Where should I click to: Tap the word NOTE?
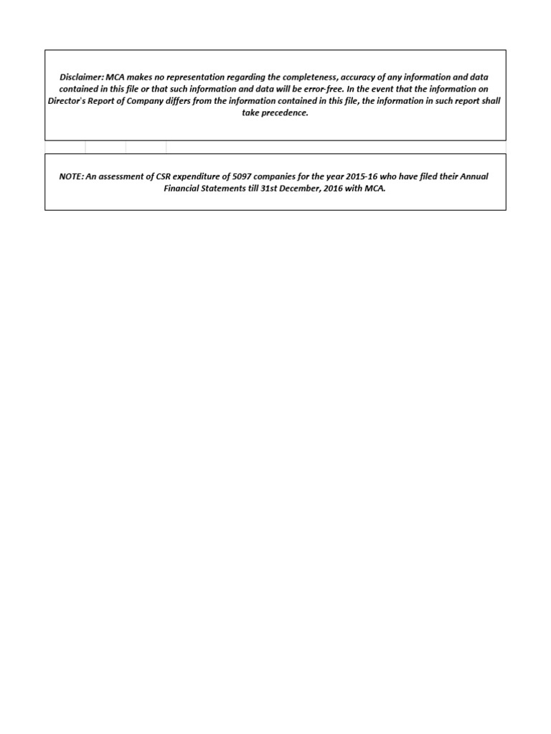click(72, 176)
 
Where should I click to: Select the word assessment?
click(123, 176)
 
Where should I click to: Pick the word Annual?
click(473, 176)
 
